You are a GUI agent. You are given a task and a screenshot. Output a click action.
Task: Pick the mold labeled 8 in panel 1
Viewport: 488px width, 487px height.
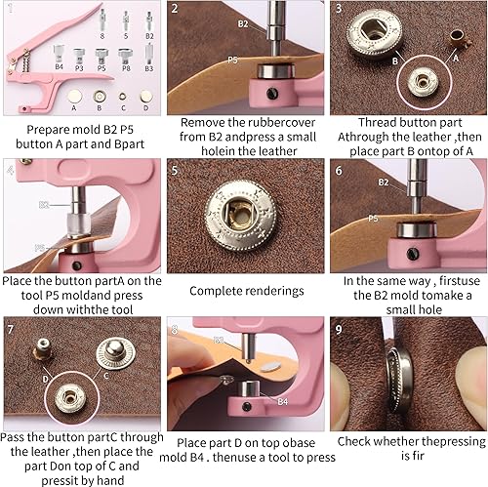(102, 20)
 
